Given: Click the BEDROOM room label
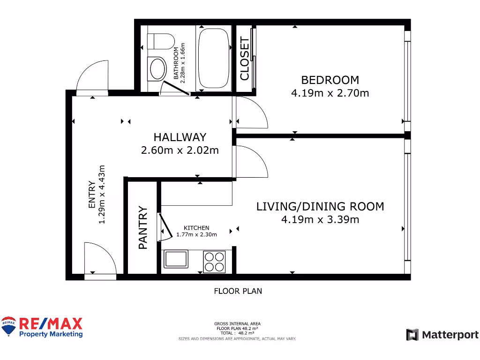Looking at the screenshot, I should [x=330, y=80].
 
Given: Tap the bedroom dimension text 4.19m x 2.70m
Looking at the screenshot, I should [x=330, y=93].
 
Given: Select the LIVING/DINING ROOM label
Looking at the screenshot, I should [x=320, y=206].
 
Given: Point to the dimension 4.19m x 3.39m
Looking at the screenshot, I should [x=320, y=219].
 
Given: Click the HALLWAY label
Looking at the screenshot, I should [x=180, y=137].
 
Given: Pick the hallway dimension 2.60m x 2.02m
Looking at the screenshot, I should [x=180, y=150].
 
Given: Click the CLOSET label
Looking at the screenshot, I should [x=245, y=59].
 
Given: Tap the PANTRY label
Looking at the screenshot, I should [x=143, y=227].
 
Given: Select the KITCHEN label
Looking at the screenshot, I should [x=196, y=228].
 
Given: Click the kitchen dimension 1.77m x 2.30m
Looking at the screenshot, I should [x=196, y=235].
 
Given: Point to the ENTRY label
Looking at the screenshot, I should [x=92, y=195].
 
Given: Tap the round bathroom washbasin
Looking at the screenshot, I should [x=157, y=68].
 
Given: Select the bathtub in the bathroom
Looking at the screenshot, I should [x=212, y=59].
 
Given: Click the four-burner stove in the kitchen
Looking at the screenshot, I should [x=214, y=262].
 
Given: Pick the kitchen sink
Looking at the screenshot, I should [x=176, y=259].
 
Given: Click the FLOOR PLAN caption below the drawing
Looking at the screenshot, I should [x=238, y=291].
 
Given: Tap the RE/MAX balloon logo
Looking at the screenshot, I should [x=8, y=326].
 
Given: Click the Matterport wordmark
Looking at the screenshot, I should [x=450, y=335].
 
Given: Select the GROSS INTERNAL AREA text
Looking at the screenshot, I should [x=237, y=323].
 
